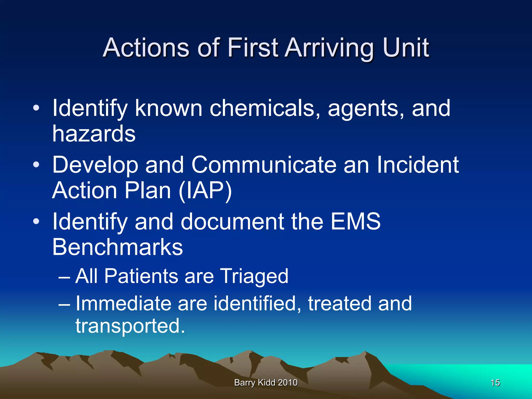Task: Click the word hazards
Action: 94,134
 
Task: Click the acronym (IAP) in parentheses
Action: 205,190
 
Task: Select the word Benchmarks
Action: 117,247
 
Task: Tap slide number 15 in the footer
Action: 495,383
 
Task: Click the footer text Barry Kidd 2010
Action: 266,383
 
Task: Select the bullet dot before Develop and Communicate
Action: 36,165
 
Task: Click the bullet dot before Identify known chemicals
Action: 36,108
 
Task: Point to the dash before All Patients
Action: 64,277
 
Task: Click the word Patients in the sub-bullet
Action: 141,276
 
